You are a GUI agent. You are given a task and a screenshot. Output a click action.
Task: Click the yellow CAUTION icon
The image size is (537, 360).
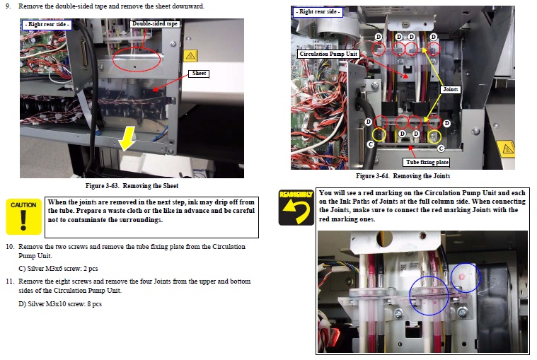click(23, 216)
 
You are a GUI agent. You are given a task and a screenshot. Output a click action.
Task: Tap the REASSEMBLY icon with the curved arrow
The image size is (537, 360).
click(296, 207)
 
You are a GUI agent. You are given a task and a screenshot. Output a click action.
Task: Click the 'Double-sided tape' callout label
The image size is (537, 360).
click(155, 23)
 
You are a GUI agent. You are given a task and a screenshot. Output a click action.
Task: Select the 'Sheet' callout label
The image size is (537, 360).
click(199, 74)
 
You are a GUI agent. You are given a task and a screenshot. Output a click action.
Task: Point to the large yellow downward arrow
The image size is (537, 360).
click(127, 138)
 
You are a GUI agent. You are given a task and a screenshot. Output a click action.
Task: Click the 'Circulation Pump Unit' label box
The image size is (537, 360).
click(328, 54)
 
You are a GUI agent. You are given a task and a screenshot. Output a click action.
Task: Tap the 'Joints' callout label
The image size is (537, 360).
click(451, 89)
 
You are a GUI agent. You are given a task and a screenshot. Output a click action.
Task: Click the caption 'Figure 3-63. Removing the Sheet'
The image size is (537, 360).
click(132, 186)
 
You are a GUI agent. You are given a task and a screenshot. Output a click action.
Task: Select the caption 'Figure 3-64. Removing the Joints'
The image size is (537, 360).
click(403, 176)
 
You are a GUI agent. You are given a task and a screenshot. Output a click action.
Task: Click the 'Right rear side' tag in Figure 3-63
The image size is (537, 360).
click(47, 24)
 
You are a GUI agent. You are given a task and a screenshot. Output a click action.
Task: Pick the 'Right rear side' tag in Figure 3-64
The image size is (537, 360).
click(318, 11)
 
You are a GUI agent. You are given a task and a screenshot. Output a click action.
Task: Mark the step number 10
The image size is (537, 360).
click(10, 246)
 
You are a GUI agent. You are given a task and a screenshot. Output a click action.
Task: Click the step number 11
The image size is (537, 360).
click(10, 281)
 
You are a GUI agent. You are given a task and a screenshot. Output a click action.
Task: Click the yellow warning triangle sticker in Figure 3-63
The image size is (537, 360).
click(191, 55)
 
